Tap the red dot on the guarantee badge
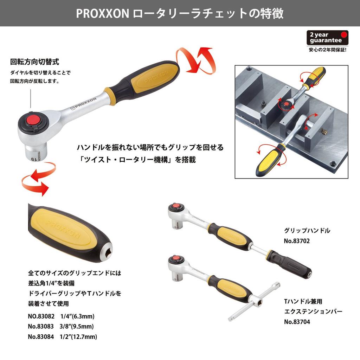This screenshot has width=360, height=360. [x=344, y=35]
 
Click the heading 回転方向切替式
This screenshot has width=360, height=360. [x=34, y=62]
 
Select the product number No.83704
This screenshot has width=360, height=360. [x=297, y=321]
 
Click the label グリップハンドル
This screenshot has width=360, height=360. [x=307, y=231]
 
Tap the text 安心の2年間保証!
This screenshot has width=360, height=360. [x=327, y=50]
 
